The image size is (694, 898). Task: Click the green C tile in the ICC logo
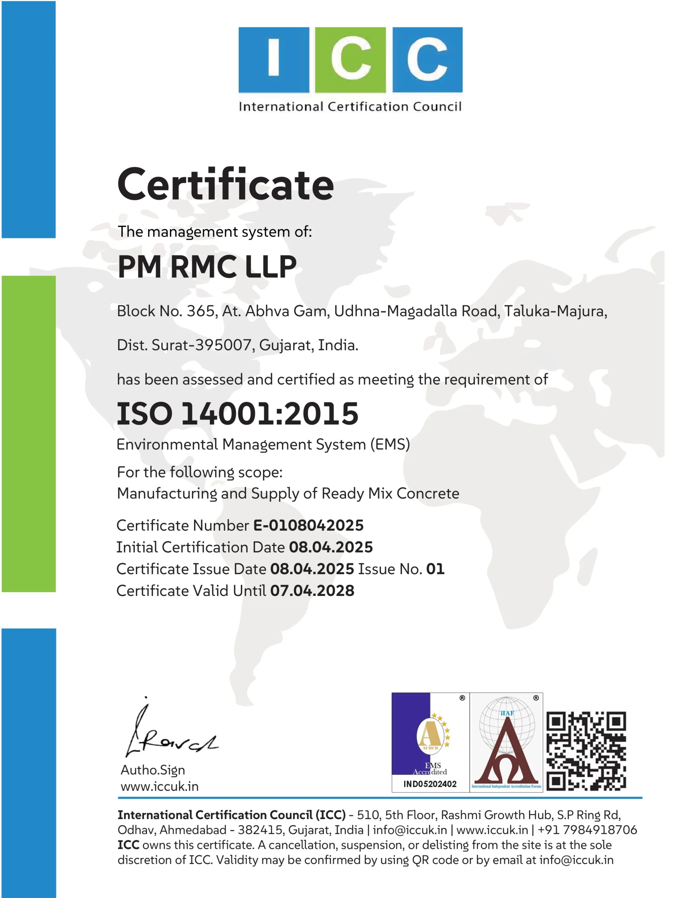click(x=350, y=60)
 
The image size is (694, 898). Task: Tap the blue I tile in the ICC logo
click(x=274, y=60)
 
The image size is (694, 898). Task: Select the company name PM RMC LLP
click(x=207, y=267)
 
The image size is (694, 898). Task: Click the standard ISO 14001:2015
click(x=238, y=414)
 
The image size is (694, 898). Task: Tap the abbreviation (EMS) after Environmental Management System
click(x=389, y=444)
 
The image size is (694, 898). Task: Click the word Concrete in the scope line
click(x=427, y=494)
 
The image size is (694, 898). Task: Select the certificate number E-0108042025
click(x=308, y=525)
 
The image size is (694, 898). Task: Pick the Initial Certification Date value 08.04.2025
click(x=331, y=547)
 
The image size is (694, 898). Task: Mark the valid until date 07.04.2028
click(x=312, y=591)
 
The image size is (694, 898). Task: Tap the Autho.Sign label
click(x=153, y=770)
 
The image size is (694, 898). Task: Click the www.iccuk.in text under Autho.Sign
click(x=160, y=786)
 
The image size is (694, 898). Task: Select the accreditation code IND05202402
click(x=430, y=784)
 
